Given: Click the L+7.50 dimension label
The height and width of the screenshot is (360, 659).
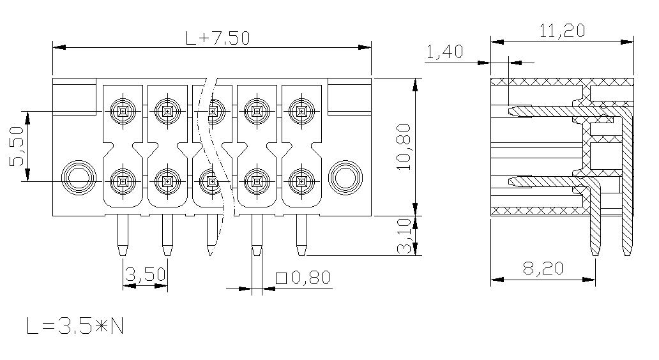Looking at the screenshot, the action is click(218, 38).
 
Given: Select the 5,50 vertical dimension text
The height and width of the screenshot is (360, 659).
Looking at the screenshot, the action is click(18, 146).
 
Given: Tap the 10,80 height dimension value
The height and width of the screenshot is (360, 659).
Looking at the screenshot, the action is click(404, 147).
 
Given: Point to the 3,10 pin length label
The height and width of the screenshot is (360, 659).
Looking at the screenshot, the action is click(404, 236).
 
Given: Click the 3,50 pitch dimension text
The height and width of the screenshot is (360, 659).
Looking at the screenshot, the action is click(146, 274).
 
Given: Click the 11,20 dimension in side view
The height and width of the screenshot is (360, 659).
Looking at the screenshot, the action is click(562, 31).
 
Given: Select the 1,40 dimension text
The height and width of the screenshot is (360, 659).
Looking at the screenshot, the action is click(444, 52).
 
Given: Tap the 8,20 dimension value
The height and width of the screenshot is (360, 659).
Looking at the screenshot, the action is click(543, 268).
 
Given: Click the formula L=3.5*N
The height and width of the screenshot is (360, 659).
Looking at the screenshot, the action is click(75, 326).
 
